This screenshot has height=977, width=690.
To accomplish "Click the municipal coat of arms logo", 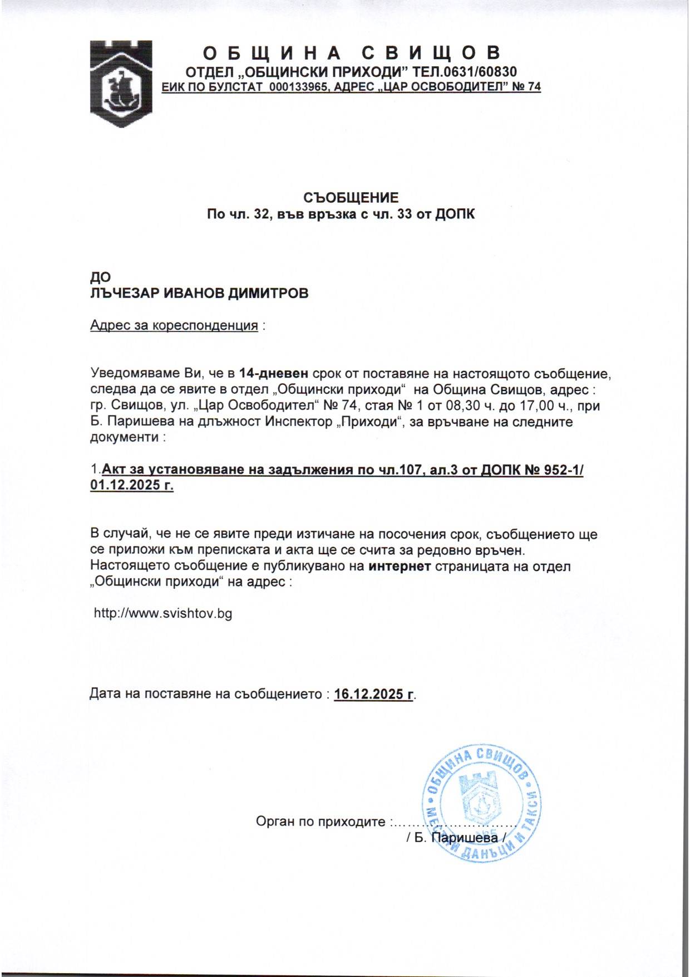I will click(x=121, y=84).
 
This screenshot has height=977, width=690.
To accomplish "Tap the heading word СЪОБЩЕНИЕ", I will click(x=351, y=198).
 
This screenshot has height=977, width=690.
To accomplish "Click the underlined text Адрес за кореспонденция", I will click(x=174, y=326).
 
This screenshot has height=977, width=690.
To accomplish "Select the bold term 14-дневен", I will click(x=273, y=373).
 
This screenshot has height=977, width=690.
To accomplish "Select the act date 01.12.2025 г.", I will click(x=132, y=486).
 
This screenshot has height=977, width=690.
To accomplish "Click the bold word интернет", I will click(x=400, y=567).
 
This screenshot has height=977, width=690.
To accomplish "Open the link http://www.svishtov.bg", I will click(x=163, y=614).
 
